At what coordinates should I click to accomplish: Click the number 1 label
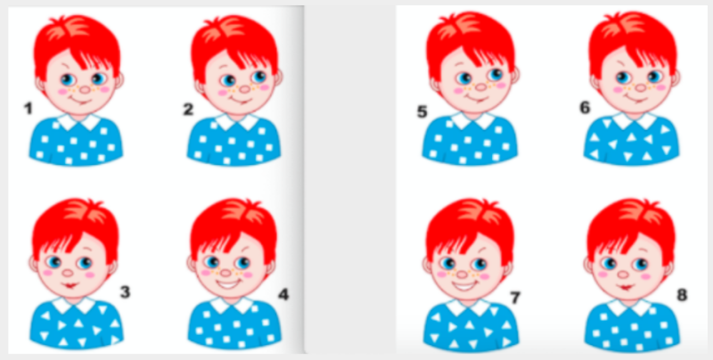29,109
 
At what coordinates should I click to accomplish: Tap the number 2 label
188,109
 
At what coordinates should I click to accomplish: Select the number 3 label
125,291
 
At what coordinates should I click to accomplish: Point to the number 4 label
283,295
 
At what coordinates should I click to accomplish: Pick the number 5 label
422,111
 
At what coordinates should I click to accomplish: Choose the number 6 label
585,108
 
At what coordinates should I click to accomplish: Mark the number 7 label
515,298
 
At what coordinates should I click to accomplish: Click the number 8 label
682,295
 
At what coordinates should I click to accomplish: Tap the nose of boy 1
85,89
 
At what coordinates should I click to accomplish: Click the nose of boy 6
640,87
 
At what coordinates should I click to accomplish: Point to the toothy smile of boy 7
463,287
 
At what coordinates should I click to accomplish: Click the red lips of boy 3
70,286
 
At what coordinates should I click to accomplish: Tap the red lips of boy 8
627,287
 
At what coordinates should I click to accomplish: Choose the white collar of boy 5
473,120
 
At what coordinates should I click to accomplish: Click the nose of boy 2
245,89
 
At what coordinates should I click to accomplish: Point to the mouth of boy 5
477,98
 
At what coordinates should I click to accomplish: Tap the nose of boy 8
623,274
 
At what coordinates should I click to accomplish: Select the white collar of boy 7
471,307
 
